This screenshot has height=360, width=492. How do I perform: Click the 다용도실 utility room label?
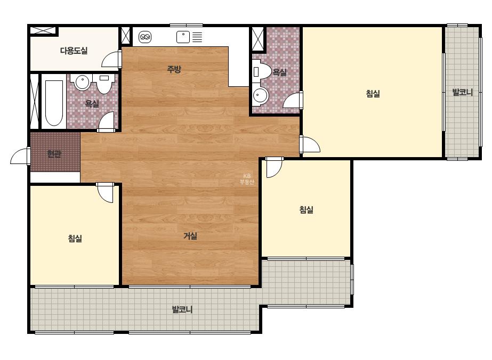tap(74, 51)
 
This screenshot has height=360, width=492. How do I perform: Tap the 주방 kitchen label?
tap(174, 69)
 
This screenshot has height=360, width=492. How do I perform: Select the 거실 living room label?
tap(190, 236)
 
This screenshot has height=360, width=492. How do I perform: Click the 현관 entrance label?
tap(54, 154)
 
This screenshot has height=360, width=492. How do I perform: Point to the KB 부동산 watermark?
tap(247, 179)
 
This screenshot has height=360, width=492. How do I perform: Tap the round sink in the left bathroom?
tap(82, 82)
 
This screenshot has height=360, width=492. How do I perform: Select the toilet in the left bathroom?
tap(103, 84)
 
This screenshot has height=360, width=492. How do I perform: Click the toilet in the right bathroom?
tap(261, 71)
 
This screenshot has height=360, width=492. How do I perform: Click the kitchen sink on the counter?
tap(183, 37)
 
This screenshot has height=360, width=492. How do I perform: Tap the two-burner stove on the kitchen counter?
tap(144, 37)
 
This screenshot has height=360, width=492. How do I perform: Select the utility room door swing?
tap(111, 59)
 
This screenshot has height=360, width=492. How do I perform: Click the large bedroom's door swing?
tap(310, 144)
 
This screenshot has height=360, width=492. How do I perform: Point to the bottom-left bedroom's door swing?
tap(105, 193)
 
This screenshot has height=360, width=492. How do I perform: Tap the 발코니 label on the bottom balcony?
tap(182, 309)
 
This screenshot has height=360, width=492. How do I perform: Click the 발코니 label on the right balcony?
tap(462, 92)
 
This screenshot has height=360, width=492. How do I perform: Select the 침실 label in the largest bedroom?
tap(373, 93)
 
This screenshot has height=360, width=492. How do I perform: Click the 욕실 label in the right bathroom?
tap(279, 72)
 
